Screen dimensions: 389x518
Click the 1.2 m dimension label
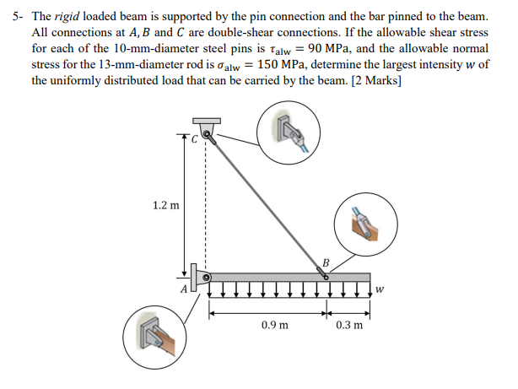click(x=165, y=205)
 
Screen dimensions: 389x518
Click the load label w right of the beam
click(x=380, y=289)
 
